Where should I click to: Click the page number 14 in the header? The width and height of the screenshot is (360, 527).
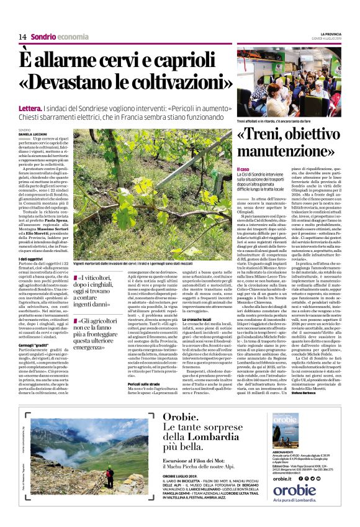[22, 37]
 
